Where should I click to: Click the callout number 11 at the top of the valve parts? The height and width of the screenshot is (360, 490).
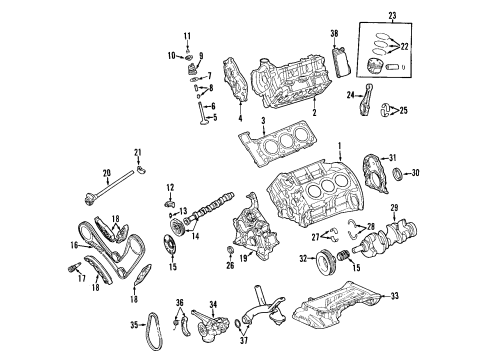185,36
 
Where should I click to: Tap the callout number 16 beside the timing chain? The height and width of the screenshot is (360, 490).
73,243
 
